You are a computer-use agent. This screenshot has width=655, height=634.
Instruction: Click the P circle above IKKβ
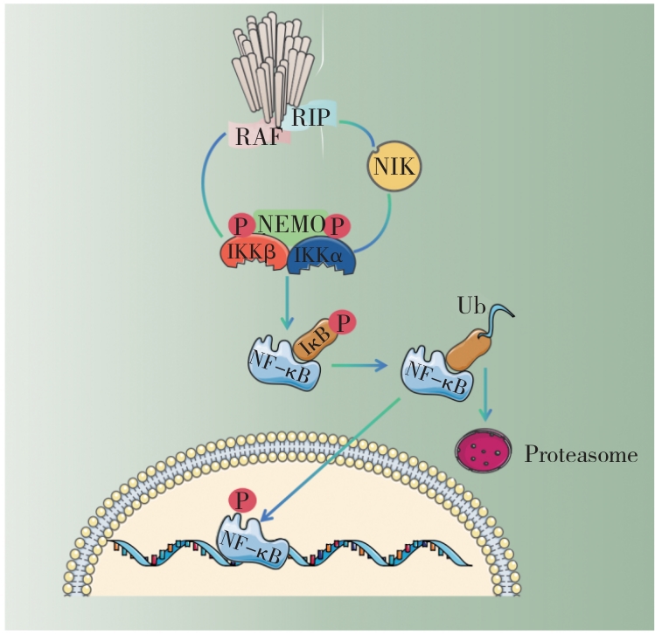(x=240, y=224)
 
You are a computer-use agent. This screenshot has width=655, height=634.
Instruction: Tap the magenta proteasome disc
(x=481, y=450)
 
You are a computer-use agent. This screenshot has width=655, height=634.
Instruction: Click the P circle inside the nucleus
(x=240, y=500)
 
